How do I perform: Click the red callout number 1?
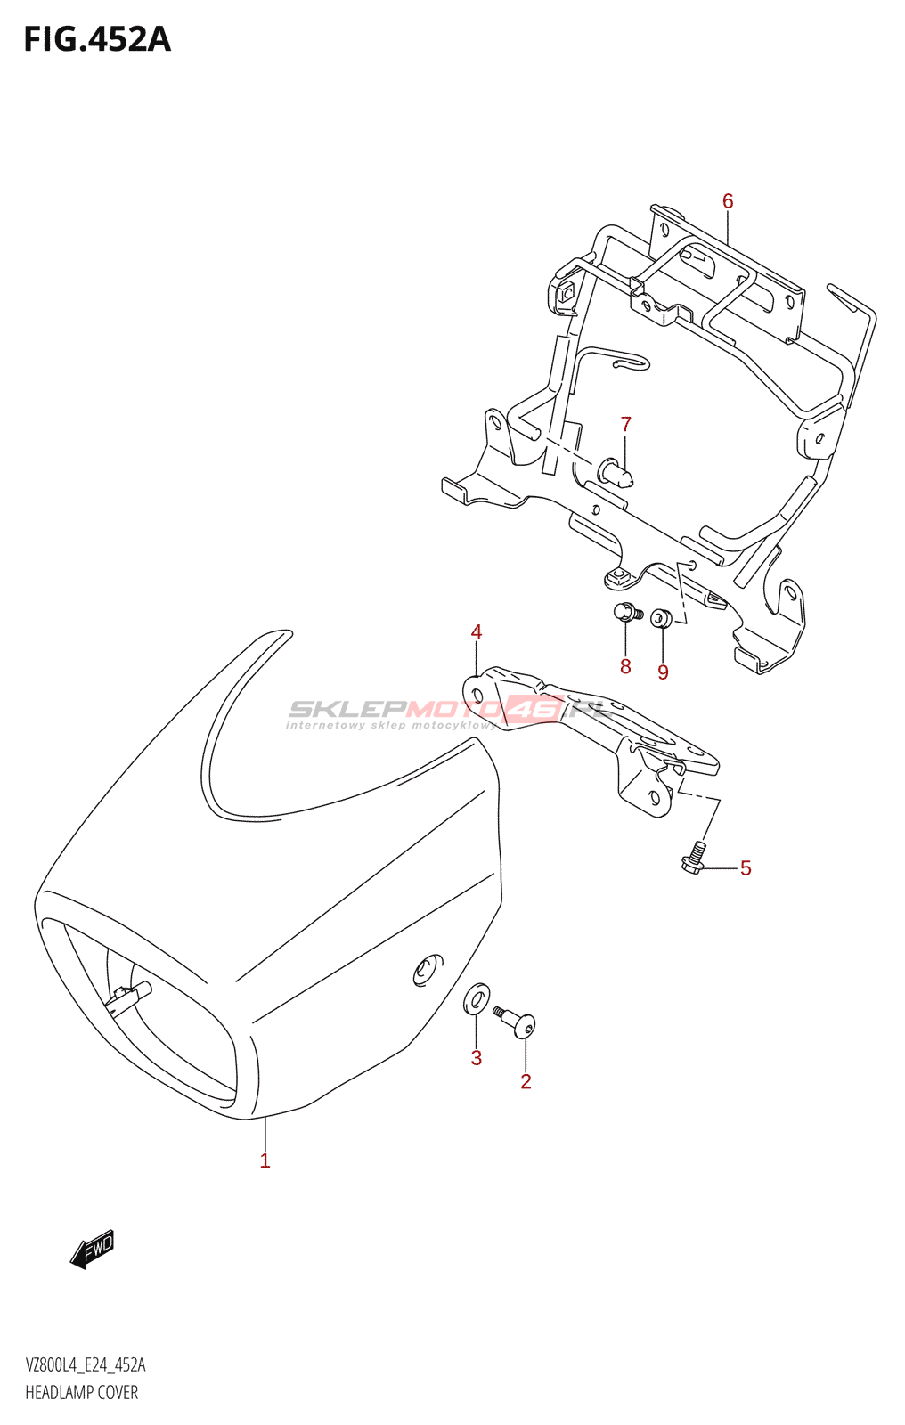click(x=265, y=1160)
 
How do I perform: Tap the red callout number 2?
click(x=526, y=1081)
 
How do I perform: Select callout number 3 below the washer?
click(x=477, y=1058)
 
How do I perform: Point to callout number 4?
click(x=477, y=632)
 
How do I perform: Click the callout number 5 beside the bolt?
click(x=746, y=868)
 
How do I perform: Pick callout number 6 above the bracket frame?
click(x=728, y=201)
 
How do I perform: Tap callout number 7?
click(x=626, y=425)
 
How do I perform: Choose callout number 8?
click(x=625, y=667)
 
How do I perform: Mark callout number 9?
click(x=663, y=672)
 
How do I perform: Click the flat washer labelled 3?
click(x=477, y=998)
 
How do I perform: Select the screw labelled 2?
click(x=517, y=1022)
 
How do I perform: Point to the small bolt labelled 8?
click(x=626, y=613)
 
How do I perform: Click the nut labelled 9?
click(x=660, y=617)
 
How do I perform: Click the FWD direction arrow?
click(x=93, y=1249)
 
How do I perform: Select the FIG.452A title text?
click(x=97, y=40)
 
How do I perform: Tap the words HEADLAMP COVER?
click(x=82, y=1393)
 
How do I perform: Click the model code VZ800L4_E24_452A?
click(x=86, y=1365)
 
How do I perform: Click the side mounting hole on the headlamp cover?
click(x=428, y=969)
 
